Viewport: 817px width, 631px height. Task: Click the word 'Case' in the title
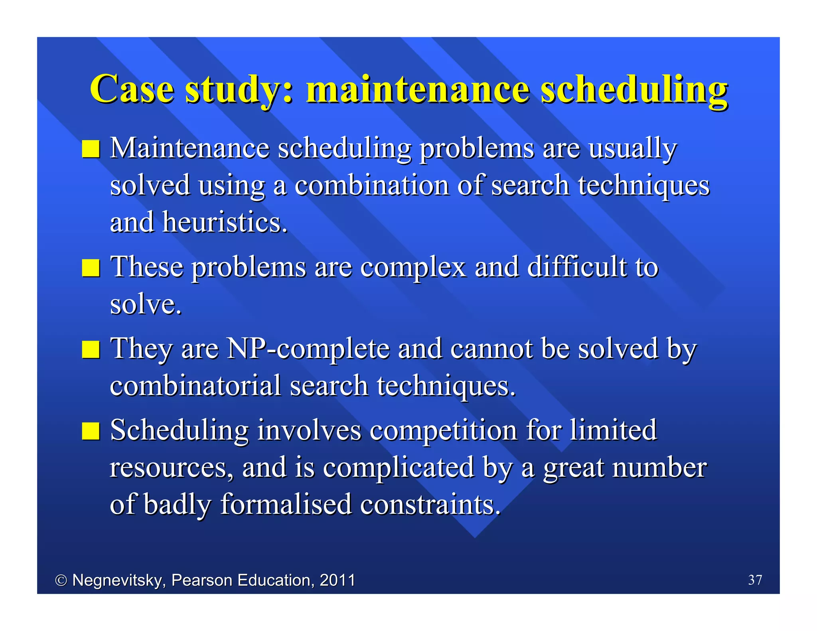click(x=132, y=89)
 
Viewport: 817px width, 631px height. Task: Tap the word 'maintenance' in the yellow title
click(x=418, y=89)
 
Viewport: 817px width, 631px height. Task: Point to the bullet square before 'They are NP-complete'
click(x=91, y=349)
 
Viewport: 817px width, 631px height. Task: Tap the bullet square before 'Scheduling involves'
click(x=91, y=431)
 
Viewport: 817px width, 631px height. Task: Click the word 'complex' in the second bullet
click(x=413, y=268)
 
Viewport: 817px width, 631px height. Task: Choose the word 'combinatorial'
click(x=195, y=386)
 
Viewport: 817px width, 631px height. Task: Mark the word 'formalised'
click(x=286, y=504)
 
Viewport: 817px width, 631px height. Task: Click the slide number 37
click(x=755, y=580)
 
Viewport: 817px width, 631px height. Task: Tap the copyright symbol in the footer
click(x=61, y=580)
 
